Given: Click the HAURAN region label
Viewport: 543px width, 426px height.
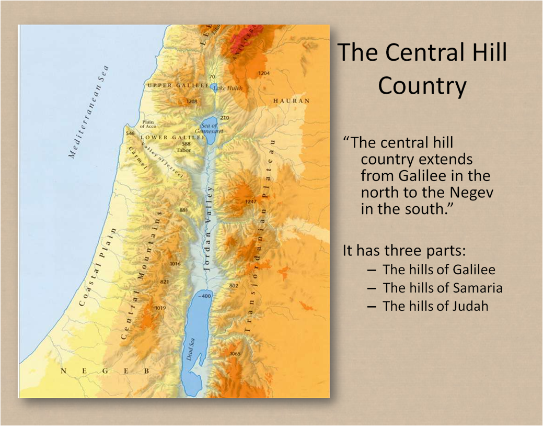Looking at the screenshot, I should pos(291,100).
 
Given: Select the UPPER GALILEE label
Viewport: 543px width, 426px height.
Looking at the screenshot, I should pos(178,85).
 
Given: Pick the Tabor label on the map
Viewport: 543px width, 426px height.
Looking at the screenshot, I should pos(184,150).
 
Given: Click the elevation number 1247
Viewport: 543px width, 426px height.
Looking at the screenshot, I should pos(251,201).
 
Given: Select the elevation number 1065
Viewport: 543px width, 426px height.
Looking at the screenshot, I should pos(235,354).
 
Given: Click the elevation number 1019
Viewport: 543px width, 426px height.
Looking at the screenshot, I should pos(160,308).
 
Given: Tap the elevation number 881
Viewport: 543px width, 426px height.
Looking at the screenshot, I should pos(183,210).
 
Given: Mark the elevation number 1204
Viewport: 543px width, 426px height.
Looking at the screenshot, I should pos(264,73).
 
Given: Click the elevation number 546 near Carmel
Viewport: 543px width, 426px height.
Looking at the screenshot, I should pos(131,134).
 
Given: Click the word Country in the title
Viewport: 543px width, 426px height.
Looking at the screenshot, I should pos(422,86).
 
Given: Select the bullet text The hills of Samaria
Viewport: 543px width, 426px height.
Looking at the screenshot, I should pos(443,287).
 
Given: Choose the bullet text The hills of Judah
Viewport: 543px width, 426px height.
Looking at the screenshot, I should pos(435,306).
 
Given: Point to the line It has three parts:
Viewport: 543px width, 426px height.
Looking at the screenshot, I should pos(403,250).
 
